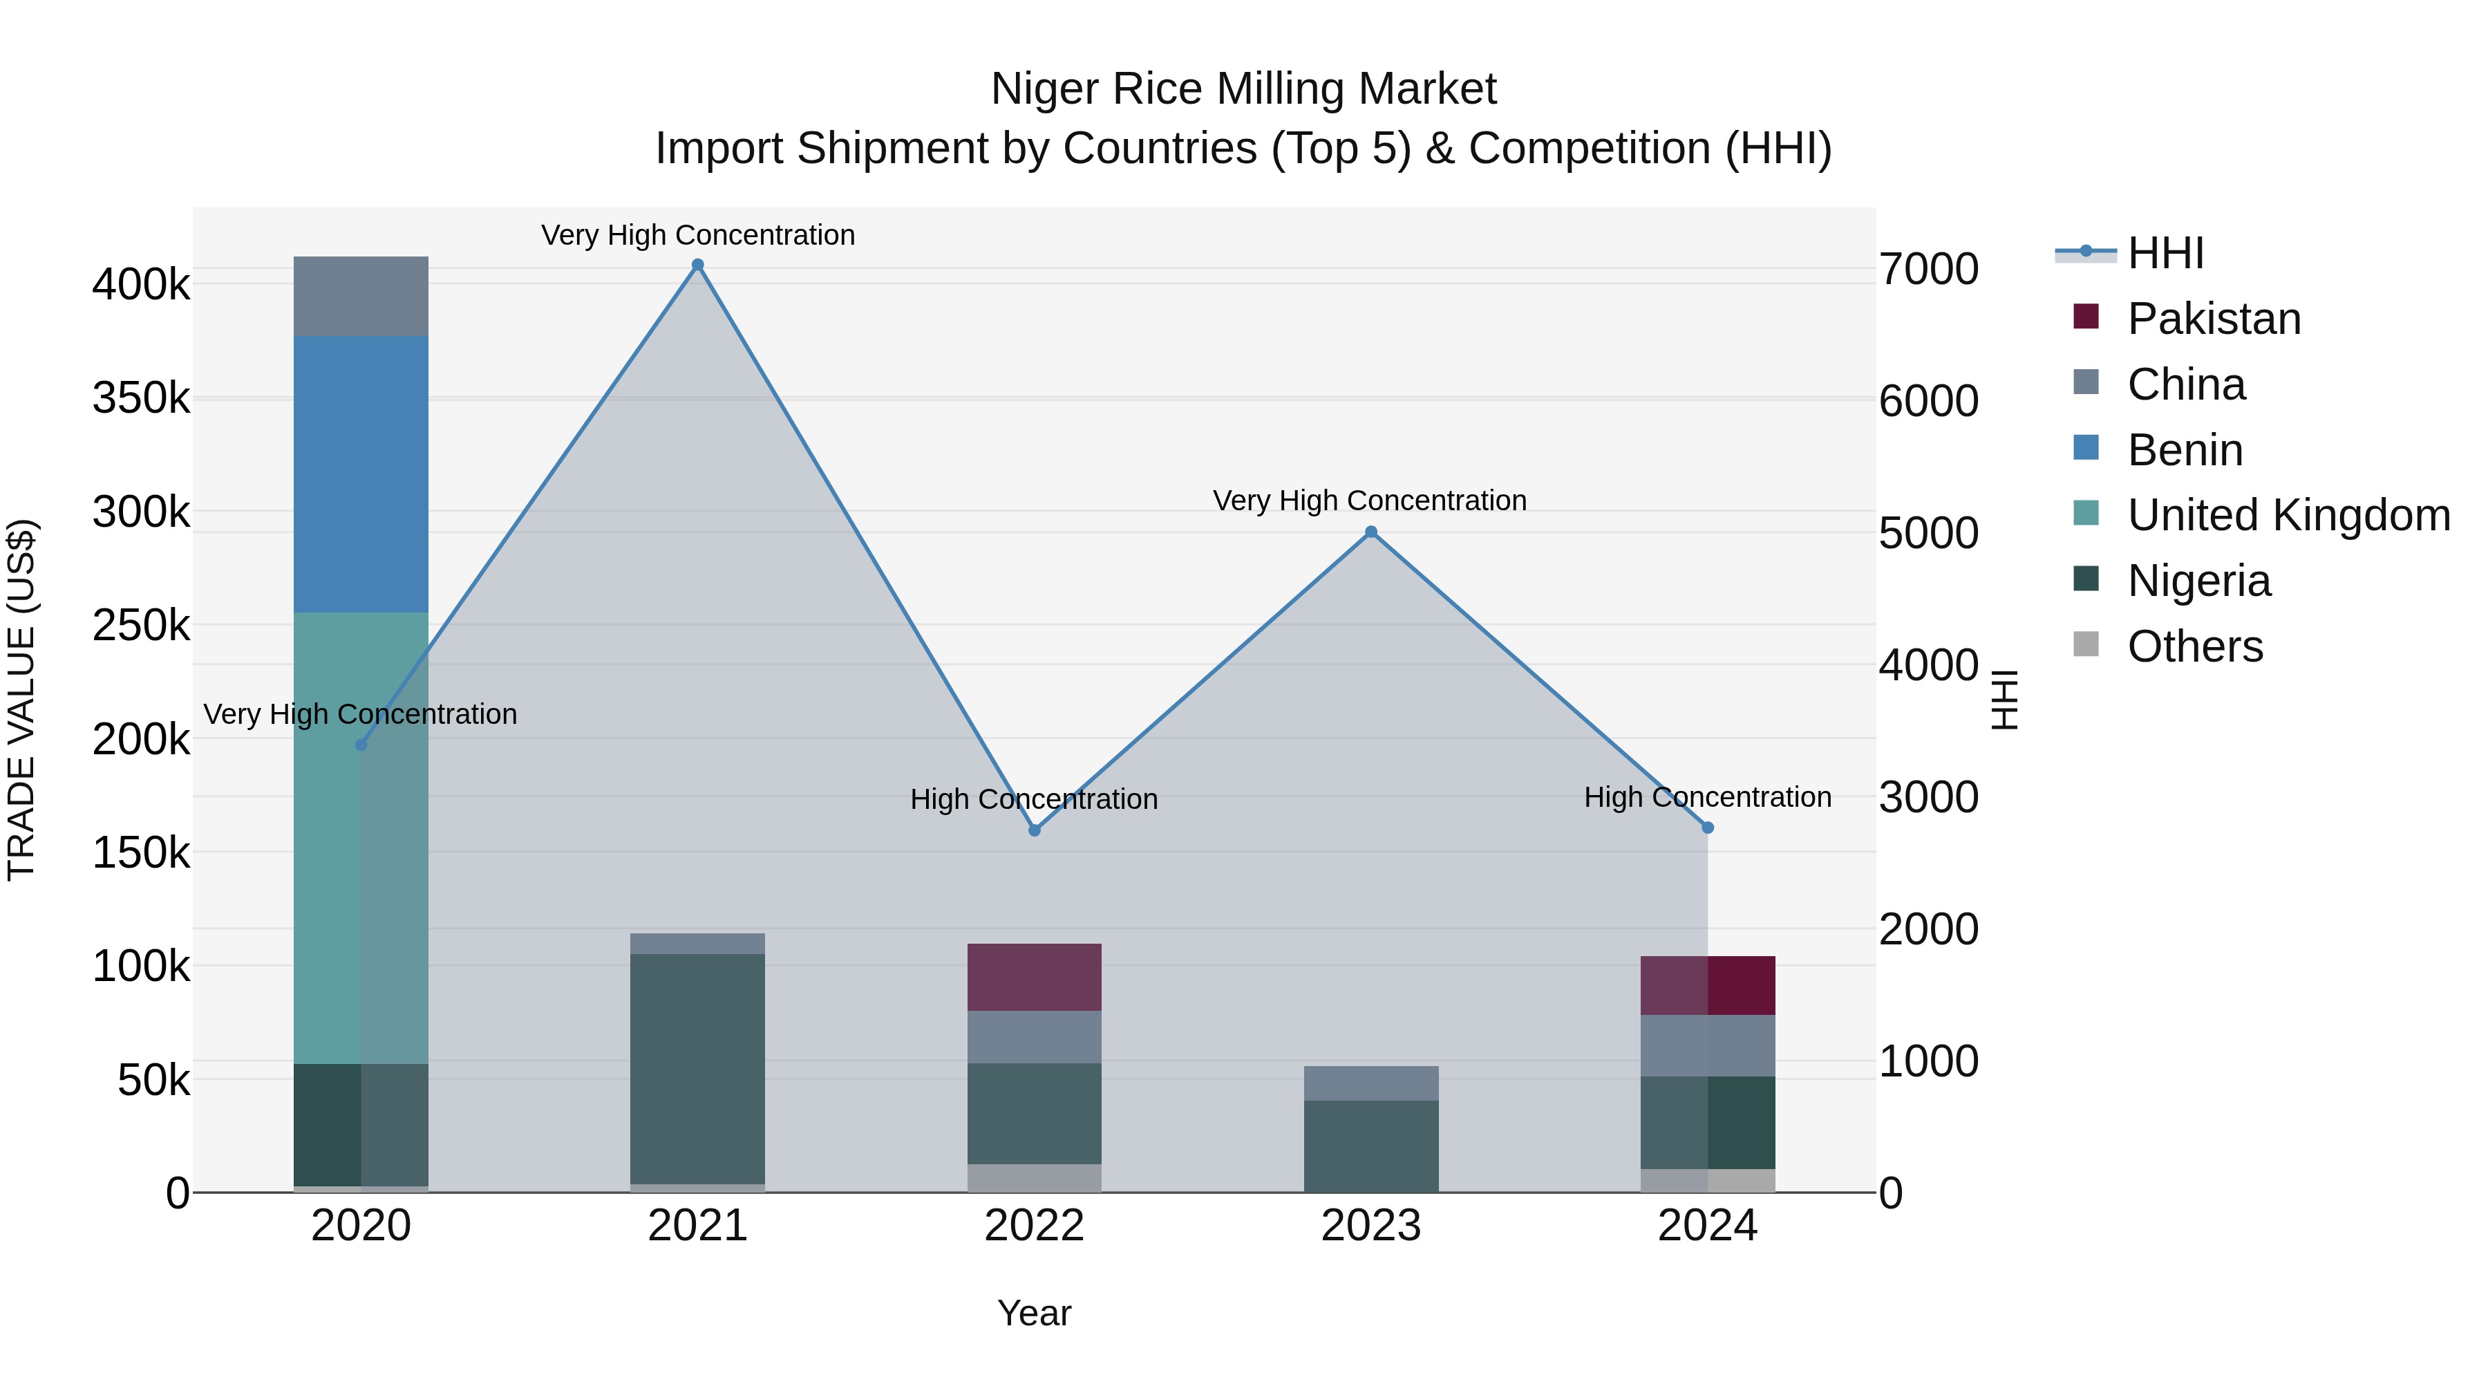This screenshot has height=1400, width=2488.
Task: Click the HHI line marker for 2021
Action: click(x=697, y=265)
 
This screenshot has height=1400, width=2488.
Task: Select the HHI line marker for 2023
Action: click(x=1370, y=532)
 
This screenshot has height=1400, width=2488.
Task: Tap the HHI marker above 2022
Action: click(x=1035, y=830)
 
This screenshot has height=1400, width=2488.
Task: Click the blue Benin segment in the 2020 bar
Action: click(x=360, y=474)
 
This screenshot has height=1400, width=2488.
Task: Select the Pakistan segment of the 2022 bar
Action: click(x=1035, y=977)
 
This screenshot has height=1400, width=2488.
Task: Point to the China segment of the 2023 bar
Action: click(x=1370, y=1083)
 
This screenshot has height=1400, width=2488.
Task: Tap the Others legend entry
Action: click(x=2194, y=646)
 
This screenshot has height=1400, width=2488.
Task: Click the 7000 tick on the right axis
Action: click(x=1928, y=270)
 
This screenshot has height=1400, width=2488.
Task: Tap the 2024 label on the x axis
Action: click(x=1706, y=1226)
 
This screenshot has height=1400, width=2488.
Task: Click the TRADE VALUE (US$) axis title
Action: click(x=21, y=700)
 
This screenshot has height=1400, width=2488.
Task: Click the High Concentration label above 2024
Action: click(x=1706, y=797)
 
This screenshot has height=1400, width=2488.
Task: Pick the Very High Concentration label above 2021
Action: click(x=697, y=235)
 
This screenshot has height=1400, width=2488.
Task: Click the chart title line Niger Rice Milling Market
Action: click(x=1243, y=89)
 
